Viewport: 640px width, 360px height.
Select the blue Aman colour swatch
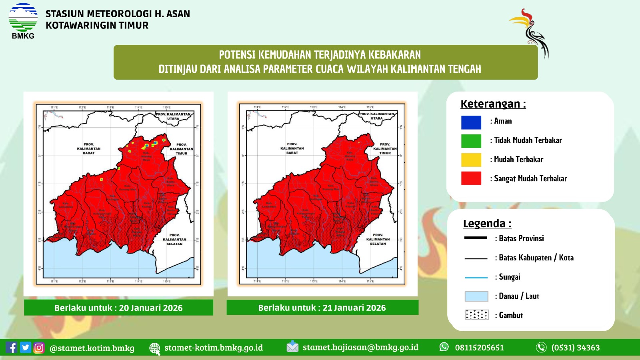pyautogui.click(x=471, y=122)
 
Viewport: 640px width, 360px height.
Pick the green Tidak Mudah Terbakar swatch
pyautogui.click(x=471, y=141)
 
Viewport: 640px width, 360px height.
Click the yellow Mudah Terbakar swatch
pyautogui.click(x=471, y=160)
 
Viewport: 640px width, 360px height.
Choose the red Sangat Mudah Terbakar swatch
pyautogui.click(x=471, y=178)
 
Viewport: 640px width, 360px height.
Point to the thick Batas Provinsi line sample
pyautogui.click(x=476, y=238)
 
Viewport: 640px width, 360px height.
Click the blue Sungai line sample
pyautogui.click(x=476, y=277)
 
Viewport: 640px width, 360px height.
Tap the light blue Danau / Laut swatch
pyautogui.click(x=476, y=296)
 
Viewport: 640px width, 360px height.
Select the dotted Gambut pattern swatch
pyautogui.click(x=476, y=315)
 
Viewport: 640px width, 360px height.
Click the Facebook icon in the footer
pyautogui.click(x=12, y=348)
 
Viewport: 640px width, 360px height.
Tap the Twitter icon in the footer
pyautogui.click(x=26, y=348)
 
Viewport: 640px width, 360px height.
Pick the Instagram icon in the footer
pyautogui.click(x=39, y=348)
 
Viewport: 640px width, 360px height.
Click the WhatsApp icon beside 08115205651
pyautogui.click(x=444, y=347)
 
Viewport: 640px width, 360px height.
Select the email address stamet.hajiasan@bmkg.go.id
pyautogui.click(x=360, y=347)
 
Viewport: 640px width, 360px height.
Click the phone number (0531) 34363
pyautogui.click(x=575, y=348)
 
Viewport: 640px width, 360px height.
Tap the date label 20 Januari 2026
pyautogui.click(x=118, y=308)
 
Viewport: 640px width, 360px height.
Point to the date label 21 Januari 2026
pyautogui.click(x=322, y=308)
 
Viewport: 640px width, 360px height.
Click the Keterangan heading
pyautogui.click(x=493, y=104)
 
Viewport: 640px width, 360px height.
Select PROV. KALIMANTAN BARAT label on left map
pyautogui.click(x=89, y=148)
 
